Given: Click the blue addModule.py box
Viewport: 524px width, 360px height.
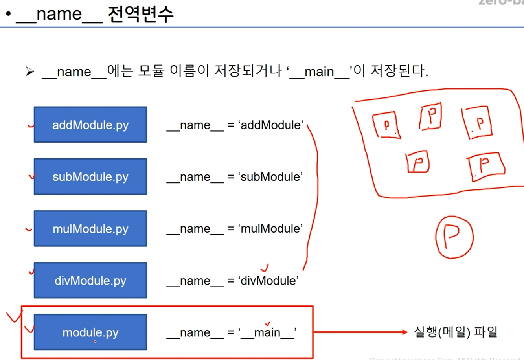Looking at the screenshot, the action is coord(90,125).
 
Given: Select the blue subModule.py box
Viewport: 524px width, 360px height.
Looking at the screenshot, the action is coord(90,176).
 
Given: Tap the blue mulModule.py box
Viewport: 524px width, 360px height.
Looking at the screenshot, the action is coord(90,228).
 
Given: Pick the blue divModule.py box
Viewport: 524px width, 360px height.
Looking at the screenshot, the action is coord(90,280).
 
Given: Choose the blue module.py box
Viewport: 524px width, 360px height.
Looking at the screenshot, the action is coord(90,332).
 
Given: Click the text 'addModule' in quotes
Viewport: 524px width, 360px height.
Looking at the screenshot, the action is coord(271,125).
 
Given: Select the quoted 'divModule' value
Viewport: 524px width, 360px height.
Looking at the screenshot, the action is coord(268,281).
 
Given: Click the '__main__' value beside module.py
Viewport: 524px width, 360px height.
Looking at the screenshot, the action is coord(267,332).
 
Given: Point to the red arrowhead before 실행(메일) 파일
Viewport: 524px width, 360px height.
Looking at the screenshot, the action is coord(405,332).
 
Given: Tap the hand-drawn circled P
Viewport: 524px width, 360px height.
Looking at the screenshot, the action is coord(454,237).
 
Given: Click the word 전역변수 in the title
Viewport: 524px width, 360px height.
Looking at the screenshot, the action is coord(140,15).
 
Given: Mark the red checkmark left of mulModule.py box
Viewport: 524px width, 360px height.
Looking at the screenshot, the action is coord(28,229).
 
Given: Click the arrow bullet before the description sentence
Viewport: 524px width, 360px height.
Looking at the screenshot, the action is coord(30,72).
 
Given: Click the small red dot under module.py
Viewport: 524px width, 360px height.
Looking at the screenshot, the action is coord(95,342).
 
